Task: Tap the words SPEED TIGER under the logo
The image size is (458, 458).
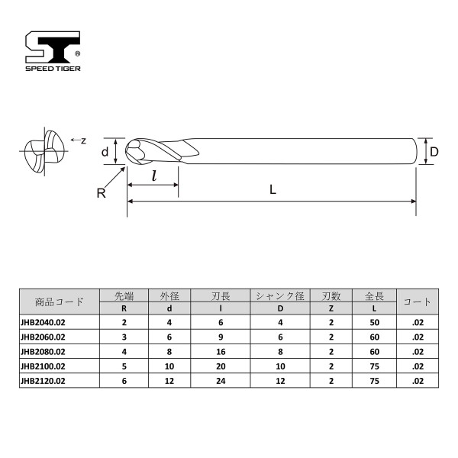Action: tap(53, 69)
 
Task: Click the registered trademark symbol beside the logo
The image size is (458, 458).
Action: tap(77, 53)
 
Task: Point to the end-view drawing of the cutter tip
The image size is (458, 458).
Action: tap(44, 152)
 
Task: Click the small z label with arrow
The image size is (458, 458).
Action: tap(79, 140)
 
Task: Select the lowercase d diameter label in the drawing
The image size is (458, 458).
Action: tap(105, 152)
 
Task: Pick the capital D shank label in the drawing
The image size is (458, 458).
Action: tap(434, 152)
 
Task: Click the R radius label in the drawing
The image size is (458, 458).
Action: tap(101, 193)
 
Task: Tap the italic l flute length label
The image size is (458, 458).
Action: tap(154, 176)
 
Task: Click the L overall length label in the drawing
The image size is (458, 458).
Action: tap(273, 190)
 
